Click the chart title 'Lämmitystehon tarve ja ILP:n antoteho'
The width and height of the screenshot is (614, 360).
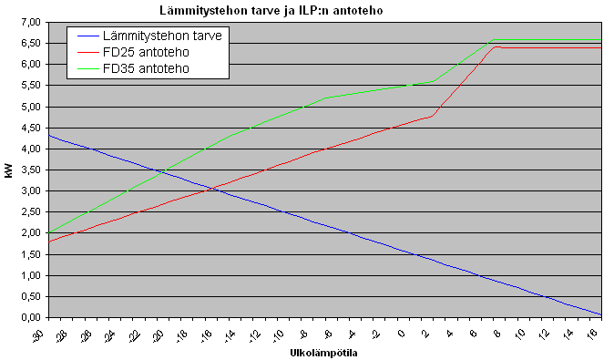[x=271, y=10]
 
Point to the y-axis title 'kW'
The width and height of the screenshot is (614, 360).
[x=8, y=171]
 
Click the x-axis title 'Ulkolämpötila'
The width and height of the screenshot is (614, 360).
[x=323, y=353]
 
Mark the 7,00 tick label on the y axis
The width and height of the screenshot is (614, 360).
[x=30, y=22]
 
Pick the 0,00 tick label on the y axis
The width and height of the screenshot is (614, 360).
[x=30, y=317]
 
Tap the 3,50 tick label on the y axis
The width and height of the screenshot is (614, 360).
[x=30, y=170]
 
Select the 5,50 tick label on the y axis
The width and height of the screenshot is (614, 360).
[x=30, y=86]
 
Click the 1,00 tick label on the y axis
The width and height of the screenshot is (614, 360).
[x=30, y=275]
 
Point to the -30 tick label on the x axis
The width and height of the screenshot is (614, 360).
[x=39, y=334]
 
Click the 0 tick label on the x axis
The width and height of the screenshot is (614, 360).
[x=401, y=333]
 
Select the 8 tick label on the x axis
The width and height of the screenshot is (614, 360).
[x=496, y=333]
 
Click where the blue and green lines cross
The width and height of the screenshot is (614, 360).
[x=159, y=171]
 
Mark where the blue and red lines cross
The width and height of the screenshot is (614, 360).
[x=212, y=189]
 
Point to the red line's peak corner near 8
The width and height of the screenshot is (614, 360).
[x=496, y=46]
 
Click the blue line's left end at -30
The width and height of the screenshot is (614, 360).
[x=48, y=135]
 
